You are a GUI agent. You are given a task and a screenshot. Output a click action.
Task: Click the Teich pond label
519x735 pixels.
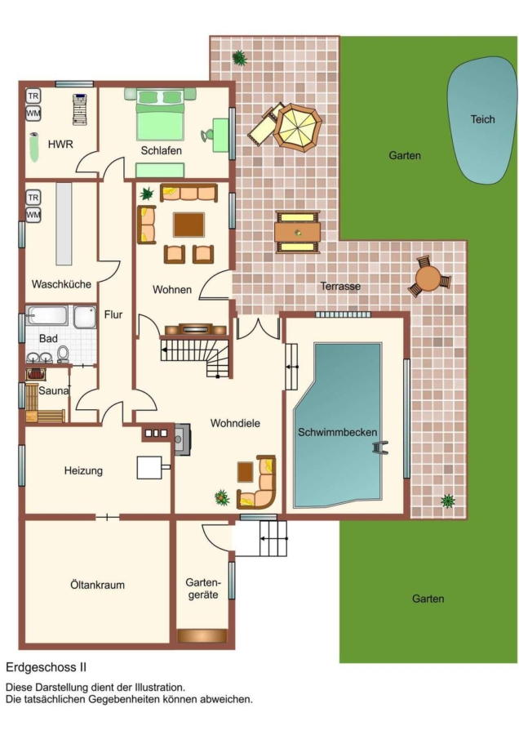pos(482,119)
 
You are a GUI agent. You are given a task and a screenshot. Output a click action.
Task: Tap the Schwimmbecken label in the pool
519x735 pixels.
pos(337,432)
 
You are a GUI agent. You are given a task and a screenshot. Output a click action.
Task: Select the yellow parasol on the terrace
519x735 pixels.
pos(298,127)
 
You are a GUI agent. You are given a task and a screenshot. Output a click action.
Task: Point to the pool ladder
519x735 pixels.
pos(380,448)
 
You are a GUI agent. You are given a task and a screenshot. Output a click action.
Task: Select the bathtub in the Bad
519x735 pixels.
pos(47,315)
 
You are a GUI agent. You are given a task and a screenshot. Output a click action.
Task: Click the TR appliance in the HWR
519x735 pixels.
pos(33,96)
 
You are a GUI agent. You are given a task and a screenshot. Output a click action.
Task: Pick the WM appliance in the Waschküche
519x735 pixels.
pos(33,215)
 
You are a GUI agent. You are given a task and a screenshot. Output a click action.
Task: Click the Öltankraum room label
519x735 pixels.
pos(97,585)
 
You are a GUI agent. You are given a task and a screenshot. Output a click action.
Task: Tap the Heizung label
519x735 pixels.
pos(83,470)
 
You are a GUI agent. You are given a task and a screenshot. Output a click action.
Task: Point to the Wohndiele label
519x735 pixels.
pos(235,423)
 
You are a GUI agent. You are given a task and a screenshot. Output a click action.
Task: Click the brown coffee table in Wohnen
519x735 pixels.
pos(189,225)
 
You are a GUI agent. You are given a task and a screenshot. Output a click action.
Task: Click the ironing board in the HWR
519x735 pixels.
pos(80,109)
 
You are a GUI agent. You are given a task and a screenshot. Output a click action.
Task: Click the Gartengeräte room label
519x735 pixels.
pos(203,588)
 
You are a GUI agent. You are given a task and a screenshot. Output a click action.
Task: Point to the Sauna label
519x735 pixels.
pos(54,390)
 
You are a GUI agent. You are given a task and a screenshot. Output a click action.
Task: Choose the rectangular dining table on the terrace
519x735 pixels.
pos(297,232)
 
